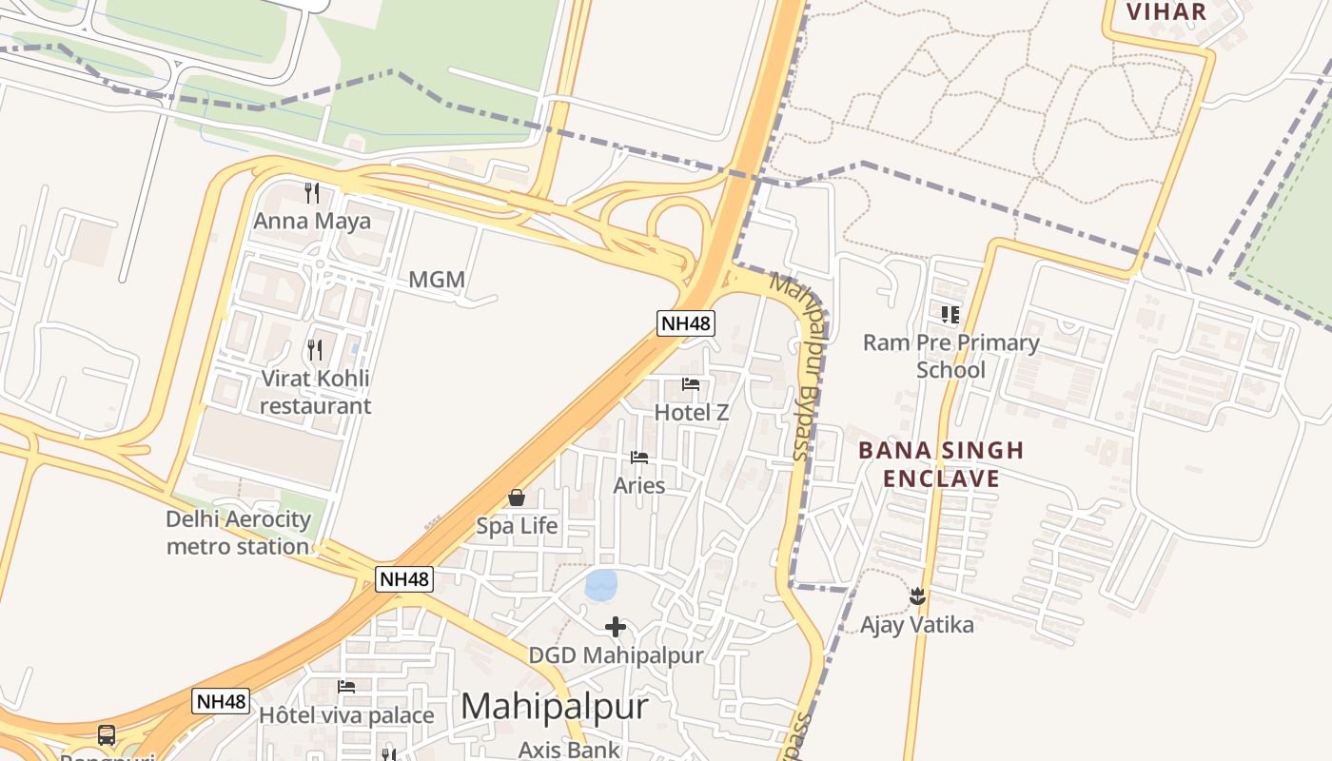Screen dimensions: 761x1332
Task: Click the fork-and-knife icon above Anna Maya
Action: point(312,193)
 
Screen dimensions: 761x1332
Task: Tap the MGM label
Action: point(437,280)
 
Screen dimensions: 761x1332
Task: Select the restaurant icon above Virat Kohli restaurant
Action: point(315,350)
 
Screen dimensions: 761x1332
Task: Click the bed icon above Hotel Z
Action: point(691,384)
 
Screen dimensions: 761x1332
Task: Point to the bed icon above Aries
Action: point(639,458)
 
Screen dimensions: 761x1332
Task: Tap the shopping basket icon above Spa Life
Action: point(517,498)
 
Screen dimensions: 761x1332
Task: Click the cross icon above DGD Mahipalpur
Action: point(616,627)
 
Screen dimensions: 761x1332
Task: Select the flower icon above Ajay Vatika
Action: point(917,596)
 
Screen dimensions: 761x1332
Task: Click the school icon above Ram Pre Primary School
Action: point(950,314)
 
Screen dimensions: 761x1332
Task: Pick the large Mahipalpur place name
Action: point(555,707)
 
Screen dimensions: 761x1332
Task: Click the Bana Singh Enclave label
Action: point(941,464)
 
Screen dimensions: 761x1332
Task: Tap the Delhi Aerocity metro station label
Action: point(238,533)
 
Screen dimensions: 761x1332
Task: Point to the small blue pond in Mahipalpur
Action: point(600,585)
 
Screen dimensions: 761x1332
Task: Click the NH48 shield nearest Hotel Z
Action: point(685,323)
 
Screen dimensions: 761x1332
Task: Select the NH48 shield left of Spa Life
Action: point(404,578)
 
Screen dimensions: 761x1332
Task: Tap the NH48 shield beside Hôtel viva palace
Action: point(221,702)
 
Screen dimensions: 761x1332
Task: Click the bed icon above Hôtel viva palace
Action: point(346,687)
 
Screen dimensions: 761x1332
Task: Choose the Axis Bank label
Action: point(568,750)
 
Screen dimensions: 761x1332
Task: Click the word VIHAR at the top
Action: point(1165,11)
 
